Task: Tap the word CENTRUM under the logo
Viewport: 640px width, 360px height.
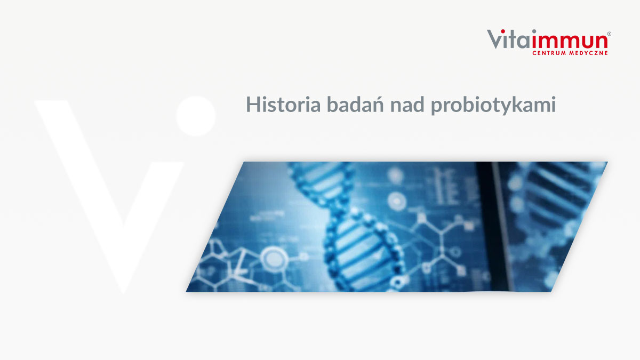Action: click(550, 53)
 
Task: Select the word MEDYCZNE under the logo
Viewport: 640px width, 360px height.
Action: click(589, 53)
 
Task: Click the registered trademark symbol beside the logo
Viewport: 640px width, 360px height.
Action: click(609, 34)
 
